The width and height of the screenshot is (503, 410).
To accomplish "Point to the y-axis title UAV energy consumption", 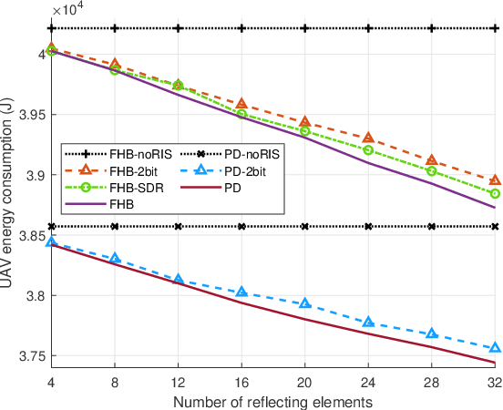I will pyautogui.click(x=8, y=197).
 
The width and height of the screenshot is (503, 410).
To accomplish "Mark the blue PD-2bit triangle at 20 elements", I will pyautogui.click(x=305, y=302).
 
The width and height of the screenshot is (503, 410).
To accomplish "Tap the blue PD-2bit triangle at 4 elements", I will pyautogui.click(x=52, y=241).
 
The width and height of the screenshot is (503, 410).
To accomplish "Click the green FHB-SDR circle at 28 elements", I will pyautogui.click(x=432, y=171).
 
